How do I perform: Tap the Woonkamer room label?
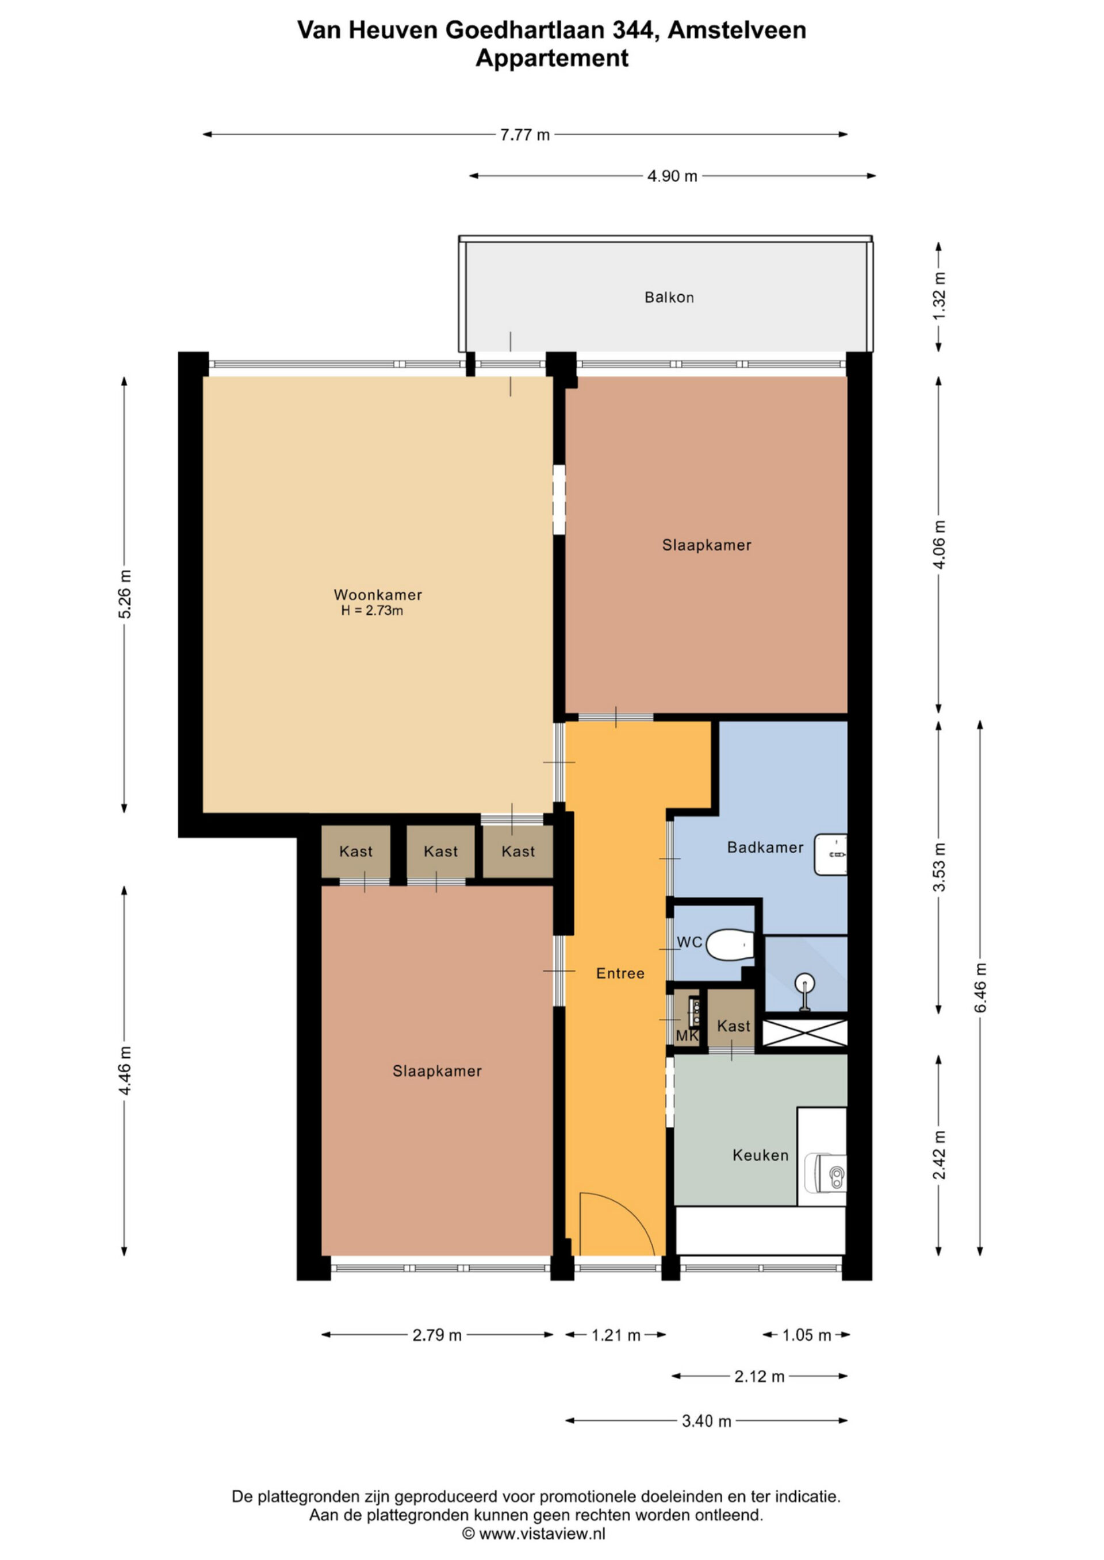coord(378,595)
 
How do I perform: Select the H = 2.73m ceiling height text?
coord(372,611)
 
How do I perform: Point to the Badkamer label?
coord(765,848)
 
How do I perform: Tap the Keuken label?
coord(761,1155)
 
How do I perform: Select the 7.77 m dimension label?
coord(525,134)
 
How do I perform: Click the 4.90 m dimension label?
coord(672,176)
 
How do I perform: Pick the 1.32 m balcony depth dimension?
coord(939,296)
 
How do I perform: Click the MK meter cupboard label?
coord(687,1037)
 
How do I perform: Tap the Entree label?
coord(620,974)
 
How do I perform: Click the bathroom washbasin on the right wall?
coord(831,855)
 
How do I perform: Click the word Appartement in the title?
coord(552,58)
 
